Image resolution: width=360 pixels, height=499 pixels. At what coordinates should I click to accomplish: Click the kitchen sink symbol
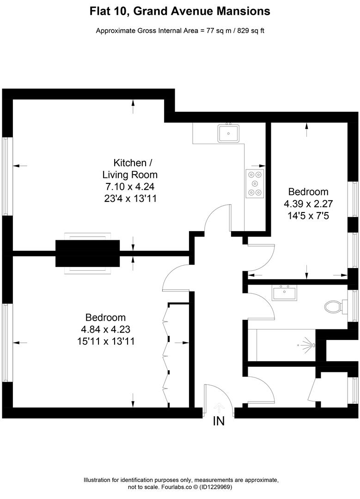pos(228,133)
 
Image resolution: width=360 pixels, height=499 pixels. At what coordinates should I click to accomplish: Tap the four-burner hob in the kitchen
pos(255,184)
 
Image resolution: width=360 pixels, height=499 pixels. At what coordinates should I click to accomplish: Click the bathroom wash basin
pos(284,293)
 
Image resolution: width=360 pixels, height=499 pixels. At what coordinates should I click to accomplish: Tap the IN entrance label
pos(219,421)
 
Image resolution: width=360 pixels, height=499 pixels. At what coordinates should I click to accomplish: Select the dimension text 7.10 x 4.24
pos(129,187)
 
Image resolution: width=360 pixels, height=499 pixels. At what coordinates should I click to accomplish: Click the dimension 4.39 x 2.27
pos(308,203)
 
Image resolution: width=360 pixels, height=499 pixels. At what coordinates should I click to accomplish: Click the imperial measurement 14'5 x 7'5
pos(308,214)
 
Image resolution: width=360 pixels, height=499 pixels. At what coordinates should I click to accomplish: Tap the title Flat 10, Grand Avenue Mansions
pos(180,11)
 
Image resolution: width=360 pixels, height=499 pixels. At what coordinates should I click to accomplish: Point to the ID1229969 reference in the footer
pos(216,487)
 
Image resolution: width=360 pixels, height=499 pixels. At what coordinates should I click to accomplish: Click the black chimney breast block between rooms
pos(87,253)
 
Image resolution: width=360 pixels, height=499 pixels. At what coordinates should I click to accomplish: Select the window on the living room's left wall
pos(6,176)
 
